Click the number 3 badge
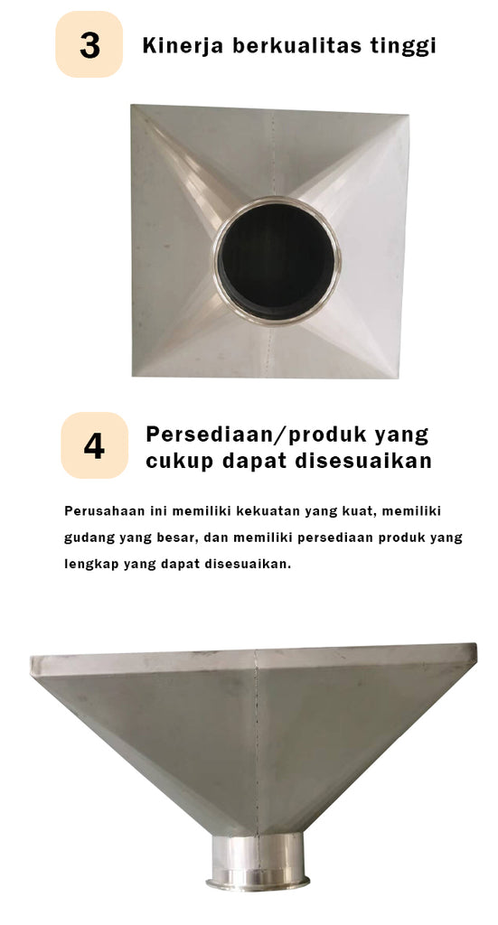(89, 44)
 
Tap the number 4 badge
(94, 445)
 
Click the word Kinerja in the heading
(183, 46)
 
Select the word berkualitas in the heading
(300, 45)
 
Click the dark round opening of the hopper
(276, 261)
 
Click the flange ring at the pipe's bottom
(258, 883)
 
